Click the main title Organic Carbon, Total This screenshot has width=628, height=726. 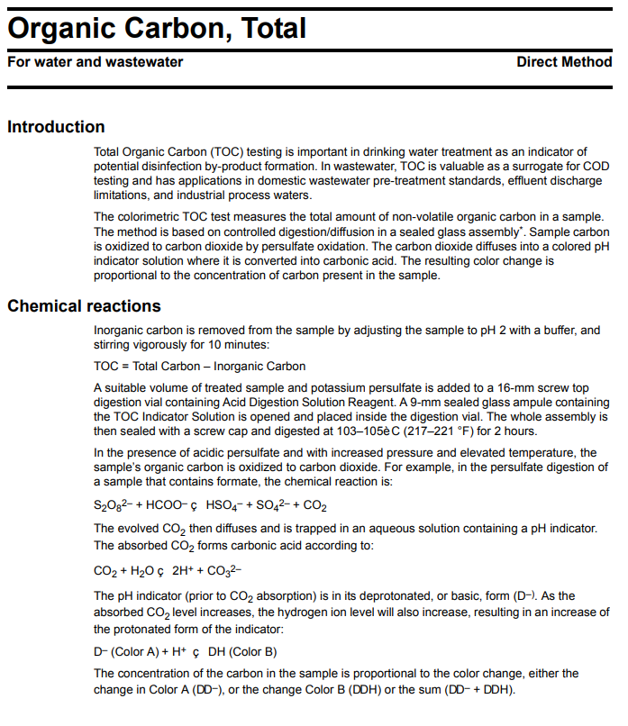157,28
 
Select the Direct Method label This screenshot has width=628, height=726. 564,62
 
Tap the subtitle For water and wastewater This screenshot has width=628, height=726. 96,62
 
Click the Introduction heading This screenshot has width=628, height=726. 56,127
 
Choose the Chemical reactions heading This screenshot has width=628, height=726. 84,306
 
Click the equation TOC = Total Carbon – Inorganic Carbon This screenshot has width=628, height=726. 199,366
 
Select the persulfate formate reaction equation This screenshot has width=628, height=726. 210,505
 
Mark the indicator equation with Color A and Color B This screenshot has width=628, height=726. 185,651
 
